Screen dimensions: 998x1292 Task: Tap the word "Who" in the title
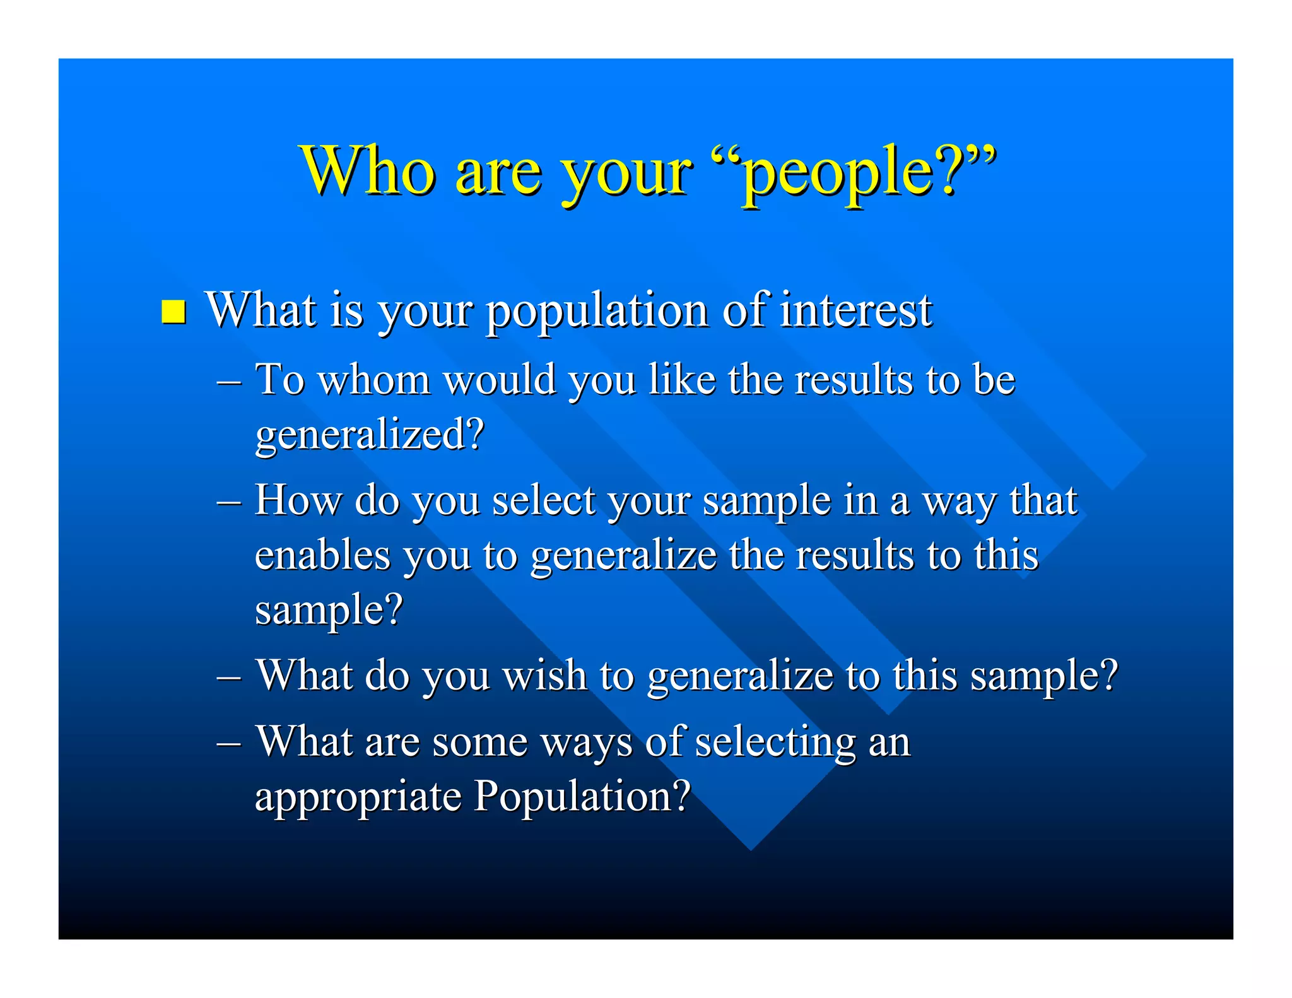coord(369,170)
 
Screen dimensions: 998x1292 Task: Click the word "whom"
coord(373,380)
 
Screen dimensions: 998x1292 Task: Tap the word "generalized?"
coord(370,435)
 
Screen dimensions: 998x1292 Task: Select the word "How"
coord(297,501)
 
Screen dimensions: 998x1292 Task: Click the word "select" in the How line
coord(544,501)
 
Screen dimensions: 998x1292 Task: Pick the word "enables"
coord(322,556)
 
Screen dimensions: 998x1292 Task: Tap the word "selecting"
coord(775,742)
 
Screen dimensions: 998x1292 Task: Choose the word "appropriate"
coord(358,797)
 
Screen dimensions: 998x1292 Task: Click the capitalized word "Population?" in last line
coord(582,795)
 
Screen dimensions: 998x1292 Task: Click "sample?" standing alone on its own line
coord(329,611)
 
